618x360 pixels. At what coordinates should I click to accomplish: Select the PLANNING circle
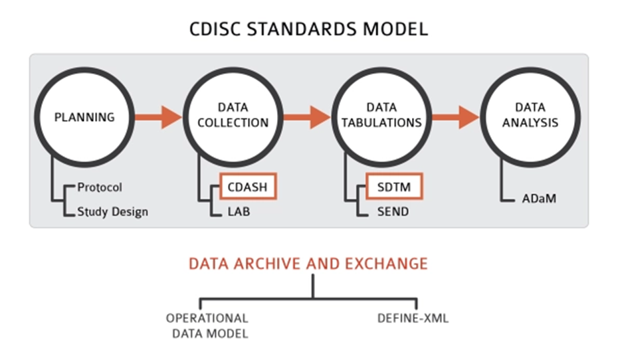click(84, 117)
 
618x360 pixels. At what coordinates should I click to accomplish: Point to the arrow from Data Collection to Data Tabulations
click(307, 117)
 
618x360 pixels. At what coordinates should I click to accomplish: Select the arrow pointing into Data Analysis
click(456, 117)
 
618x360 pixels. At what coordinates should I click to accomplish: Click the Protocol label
click(100, 188)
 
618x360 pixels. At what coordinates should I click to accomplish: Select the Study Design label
click(112, 212)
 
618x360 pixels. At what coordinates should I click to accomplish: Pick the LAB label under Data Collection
click(237, 212)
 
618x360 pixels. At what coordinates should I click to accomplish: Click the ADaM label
click(538, 198)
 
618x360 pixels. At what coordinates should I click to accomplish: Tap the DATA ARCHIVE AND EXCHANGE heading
click(308, 264)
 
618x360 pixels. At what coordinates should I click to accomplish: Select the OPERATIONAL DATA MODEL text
click(207, 325)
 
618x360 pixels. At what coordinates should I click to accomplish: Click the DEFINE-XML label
click(413, 318)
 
